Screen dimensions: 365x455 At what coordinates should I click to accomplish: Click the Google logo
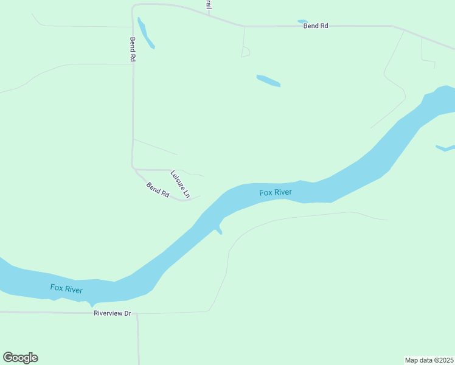tap(20, 358)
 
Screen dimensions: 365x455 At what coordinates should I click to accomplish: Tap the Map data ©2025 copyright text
tap(429, 360)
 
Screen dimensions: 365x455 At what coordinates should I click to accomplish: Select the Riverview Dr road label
tap(113, 313)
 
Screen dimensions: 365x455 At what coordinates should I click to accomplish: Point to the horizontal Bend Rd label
tap(316, 26)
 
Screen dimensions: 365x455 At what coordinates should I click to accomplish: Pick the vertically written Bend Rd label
tap(132, 49)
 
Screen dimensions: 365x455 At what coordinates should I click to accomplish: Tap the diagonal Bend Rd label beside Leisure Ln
tap(158, 189)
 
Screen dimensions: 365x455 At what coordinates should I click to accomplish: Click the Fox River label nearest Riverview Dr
tap(66, 289)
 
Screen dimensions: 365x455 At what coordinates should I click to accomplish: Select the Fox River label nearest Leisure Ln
tap(276, 193)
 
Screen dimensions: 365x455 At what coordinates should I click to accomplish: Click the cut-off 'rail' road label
tap(208, 4)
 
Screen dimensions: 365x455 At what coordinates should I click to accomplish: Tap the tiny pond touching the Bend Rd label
tap(302, 22)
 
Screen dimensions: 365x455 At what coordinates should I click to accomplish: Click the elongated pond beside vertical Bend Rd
tap(146, 33)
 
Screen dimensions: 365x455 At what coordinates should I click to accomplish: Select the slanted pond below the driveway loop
tap(268, 80)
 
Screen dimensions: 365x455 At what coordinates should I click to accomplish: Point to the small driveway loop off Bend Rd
tap(245, 52)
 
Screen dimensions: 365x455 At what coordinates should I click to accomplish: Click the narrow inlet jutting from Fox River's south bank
tap(218, 229)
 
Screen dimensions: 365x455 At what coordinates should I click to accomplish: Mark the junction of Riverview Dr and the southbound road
tap(137, 314)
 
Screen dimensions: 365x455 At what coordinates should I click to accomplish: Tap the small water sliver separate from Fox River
tap(445, 148)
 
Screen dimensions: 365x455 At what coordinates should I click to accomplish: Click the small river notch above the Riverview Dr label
tap(92, 304)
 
